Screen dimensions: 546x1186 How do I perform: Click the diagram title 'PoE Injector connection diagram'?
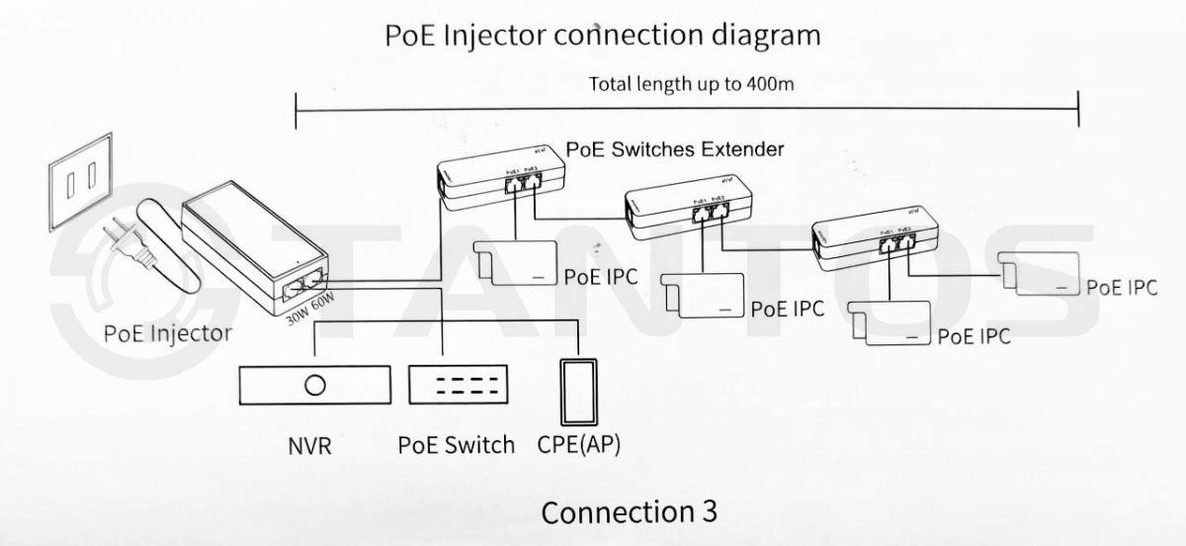point(602,36)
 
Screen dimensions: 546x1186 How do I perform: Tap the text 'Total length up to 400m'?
point(691,83)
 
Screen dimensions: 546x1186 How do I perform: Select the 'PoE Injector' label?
point(167,333)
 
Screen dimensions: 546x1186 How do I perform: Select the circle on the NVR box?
point(315,385)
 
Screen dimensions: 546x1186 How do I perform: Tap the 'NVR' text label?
point(309,446)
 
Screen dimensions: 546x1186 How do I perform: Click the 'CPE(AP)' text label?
point(579,445)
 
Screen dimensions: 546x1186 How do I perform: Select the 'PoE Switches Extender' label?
point(675,149)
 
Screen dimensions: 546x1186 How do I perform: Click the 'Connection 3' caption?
point(629,512)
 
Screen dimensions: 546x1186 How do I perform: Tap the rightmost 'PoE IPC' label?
point(1121,288)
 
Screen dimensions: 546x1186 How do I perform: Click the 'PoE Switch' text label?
point(456,445)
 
